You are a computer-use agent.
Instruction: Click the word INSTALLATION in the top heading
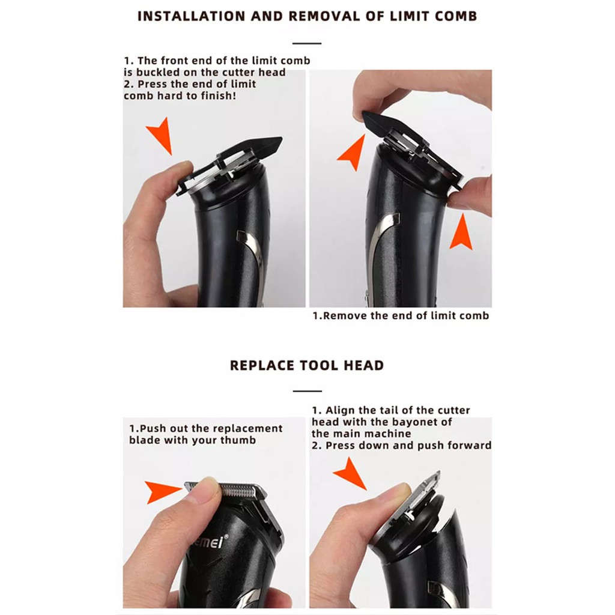click(x=192, y=16)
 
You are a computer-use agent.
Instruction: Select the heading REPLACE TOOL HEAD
click(x=307, y=365)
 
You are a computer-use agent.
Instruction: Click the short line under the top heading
click(x=307, y=43)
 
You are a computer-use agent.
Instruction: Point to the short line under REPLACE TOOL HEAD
click(x=307, y=391)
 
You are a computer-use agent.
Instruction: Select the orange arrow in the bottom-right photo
click(x=351, y=473)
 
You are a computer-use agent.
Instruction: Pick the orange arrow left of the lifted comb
click(x=354, y=153)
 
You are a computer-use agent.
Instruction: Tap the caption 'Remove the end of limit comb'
click(x=401, y=316)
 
